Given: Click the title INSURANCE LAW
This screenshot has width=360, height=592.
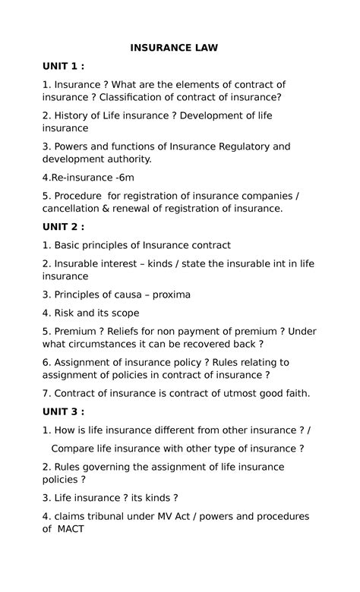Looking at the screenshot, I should (x=174, y=48).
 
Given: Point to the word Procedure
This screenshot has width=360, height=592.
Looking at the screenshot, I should (x=81, y=195).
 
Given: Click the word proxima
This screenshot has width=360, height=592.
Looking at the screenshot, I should (x=166, y=294).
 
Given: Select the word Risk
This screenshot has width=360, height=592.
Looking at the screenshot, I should (x=66, y=313).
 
